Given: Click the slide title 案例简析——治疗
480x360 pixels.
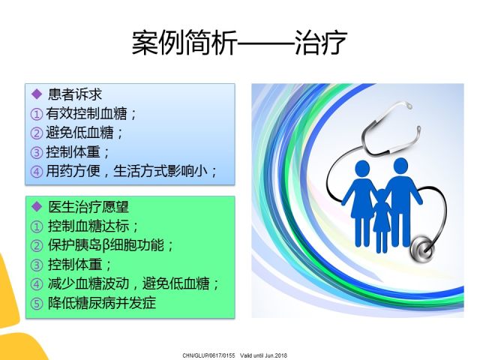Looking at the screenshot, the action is [x=239, y=42].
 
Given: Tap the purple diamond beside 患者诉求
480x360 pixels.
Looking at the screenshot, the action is [x=37, y=94].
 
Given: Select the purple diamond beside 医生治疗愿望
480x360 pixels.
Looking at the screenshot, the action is [x=37, y=207].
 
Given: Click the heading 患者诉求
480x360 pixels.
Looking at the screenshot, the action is [x=74, y=94].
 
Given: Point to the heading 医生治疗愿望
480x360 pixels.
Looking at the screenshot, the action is [x=88, y=207].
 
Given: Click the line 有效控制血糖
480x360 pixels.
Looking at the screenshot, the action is [x=86, y=113].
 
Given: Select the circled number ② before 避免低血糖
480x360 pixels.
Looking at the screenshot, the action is [x=37, y=133].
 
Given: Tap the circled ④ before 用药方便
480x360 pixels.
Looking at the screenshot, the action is [x=37, y=172].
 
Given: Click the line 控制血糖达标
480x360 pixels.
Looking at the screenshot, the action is [x=88, y=226].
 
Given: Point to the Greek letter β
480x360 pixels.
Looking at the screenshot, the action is [x=106, y=246].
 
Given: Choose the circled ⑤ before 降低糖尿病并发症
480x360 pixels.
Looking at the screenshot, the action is [x=37, y=304].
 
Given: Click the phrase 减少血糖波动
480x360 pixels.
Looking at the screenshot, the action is [x=88, y=283].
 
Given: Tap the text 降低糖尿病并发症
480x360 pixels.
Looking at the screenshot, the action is [x=102, y=303].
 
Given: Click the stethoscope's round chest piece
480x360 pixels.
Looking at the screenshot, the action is [x=422, y=248].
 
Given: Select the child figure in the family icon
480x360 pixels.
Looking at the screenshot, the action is [x=382, y=220].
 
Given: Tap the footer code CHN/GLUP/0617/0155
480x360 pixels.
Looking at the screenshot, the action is [x=208, y=355].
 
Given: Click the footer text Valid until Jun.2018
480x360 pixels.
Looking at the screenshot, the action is [x=263, y=355].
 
